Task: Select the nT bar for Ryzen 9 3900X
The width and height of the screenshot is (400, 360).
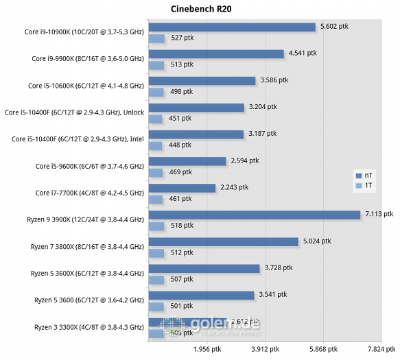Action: [255, 215]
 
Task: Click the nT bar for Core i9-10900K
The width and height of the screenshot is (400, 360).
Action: [232, 27]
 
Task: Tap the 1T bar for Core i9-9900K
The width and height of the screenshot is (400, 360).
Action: [156, 65]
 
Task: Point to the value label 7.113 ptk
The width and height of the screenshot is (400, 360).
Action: [379, 214]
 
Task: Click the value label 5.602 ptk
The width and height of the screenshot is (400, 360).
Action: [334, 26]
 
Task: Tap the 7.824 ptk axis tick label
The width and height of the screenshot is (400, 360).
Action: [380, 348]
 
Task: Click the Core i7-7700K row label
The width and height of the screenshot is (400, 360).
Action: [89, 193]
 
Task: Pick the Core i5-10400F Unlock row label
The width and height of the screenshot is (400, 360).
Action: [75, 112]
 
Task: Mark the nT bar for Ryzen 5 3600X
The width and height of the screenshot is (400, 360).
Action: [204, 268]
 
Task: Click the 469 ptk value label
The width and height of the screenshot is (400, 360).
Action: [181, 171]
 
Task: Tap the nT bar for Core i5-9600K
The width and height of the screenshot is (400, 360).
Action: [187, 161]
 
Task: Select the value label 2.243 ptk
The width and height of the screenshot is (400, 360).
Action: [235, 187]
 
